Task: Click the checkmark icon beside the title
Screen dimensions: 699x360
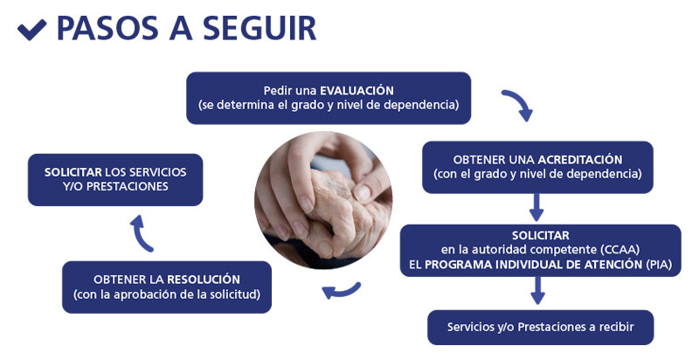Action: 31,30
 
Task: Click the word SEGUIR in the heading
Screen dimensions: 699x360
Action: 260,29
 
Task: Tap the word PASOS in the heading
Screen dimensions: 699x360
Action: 107,29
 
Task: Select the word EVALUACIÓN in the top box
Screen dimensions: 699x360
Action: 356,91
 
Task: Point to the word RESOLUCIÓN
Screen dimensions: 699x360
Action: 204,280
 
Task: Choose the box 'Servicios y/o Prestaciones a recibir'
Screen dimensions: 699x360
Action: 540,328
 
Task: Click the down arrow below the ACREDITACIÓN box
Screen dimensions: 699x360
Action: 536,207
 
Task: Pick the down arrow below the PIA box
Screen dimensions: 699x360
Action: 538,290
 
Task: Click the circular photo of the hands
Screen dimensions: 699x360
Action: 323,200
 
